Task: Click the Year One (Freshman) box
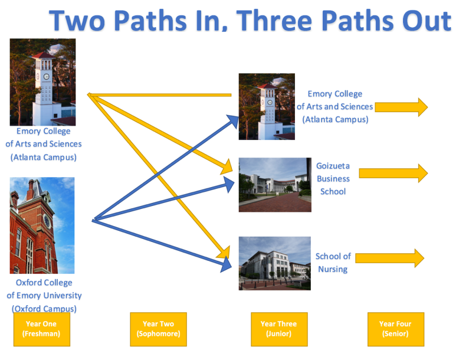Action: point(42,329)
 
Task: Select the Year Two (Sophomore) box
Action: point(158,329)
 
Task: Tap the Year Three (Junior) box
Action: point(279,329)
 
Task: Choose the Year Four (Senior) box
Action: point(395,329)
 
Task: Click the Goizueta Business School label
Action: point(333,178)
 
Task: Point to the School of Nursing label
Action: point(333,263)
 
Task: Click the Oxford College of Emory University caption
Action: point(44,295)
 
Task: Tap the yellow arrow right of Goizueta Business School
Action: point(393,173)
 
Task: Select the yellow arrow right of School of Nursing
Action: point(389,258)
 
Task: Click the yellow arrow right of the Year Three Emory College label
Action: point(401,107)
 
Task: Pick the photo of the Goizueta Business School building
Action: point(275,185)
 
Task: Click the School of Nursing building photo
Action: point(274,263)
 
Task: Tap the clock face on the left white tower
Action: point(47,77)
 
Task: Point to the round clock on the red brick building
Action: point(47,221)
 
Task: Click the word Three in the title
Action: point(274,21)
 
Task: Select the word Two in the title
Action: point(77,21)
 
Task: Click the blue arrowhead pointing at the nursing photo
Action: point(227,264)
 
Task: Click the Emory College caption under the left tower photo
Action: point(44,144)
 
